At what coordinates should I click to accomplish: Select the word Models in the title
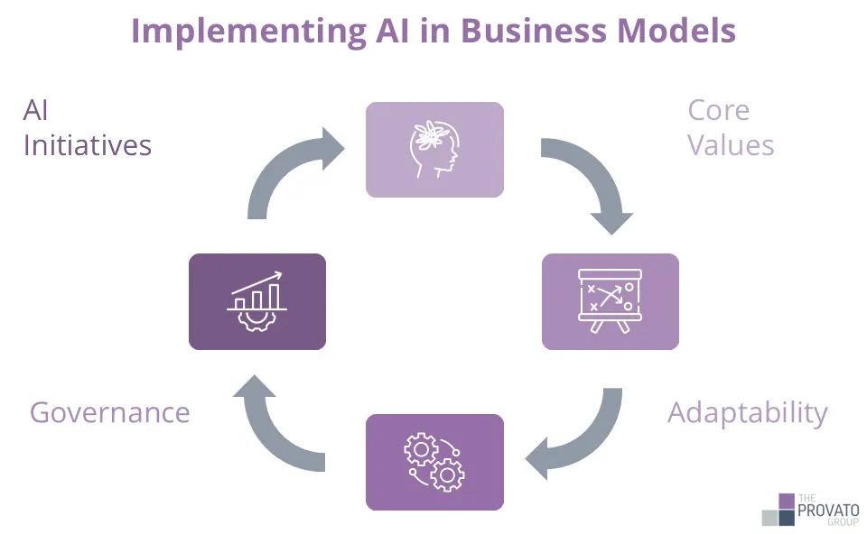(x=676, y=31)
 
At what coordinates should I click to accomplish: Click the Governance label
(x=109, y=412)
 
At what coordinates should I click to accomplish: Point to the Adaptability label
(x=747, y=412)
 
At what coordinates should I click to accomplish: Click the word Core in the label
(x=718, y=110)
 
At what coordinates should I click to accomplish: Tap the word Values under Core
(x=731, y=145)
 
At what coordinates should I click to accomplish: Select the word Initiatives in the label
(x=87, y=145)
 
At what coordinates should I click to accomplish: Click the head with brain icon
(x=433, y=150)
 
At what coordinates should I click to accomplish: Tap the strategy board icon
(x=610, y=301)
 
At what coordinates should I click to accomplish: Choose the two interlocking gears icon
(x=433, y=462)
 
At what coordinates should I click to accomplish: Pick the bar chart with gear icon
(x=257, y=301)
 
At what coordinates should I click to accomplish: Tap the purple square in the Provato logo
(x=787, y=501)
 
